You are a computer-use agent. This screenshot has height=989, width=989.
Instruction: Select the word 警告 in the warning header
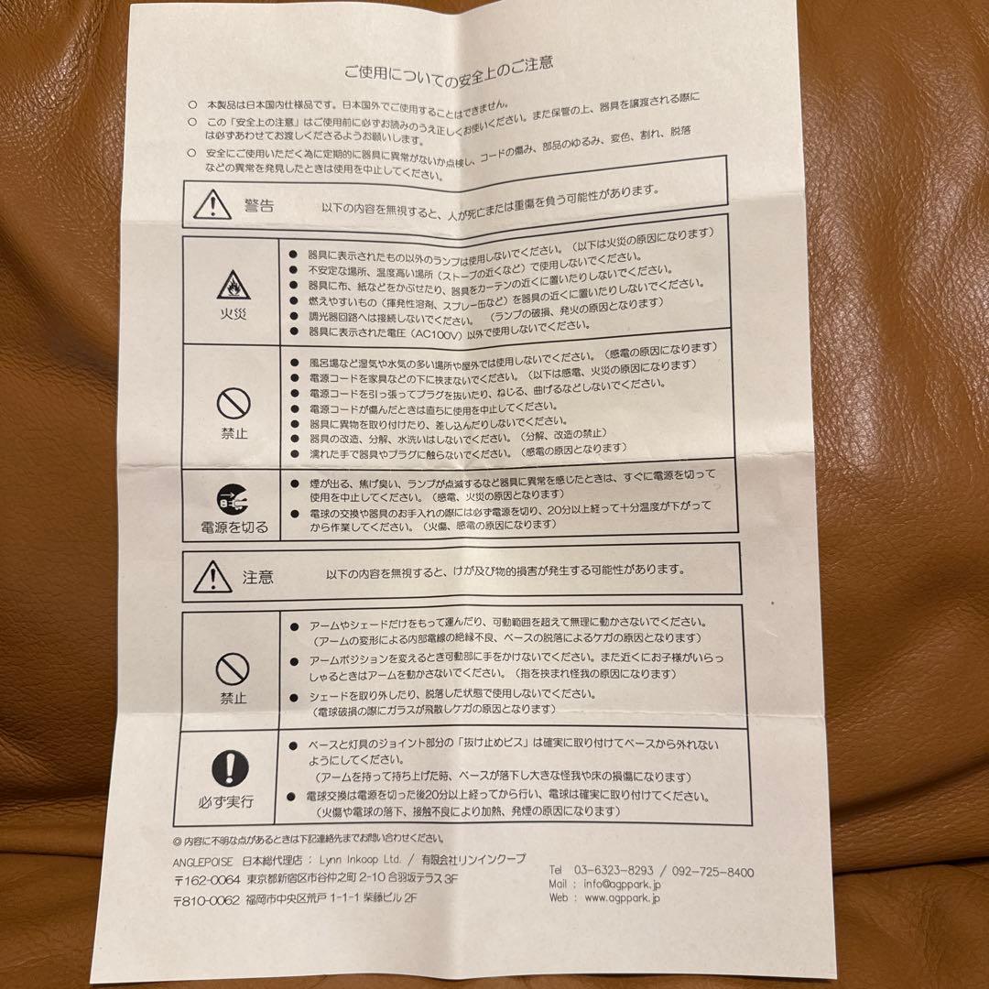(x=259, y=204)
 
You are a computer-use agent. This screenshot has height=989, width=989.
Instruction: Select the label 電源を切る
(x=234, y=527)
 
